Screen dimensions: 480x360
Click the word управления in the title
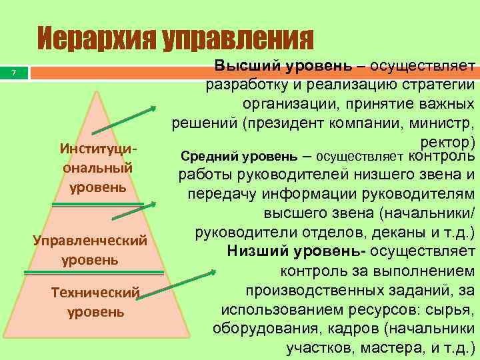(x=237, y=39)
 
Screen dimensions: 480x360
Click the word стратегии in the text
(x=437, y=85)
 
